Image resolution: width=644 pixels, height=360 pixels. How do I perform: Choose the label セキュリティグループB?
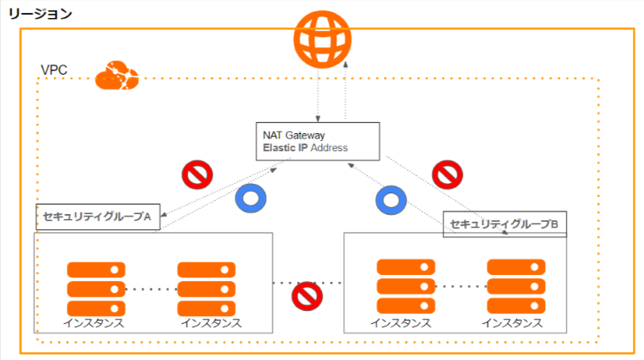coord(505,224)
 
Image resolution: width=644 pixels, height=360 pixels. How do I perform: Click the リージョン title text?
coord(40,15)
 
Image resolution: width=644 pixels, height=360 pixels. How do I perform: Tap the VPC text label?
coord(54,70)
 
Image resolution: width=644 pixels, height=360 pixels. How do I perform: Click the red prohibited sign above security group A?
coord(197,174)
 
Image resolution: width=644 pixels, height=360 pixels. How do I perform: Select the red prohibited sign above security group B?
coord(448,174)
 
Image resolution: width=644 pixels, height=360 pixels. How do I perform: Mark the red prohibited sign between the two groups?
coord(307,296)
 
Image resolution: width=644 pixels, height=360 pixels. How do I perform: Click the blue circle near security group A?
coord(252,199)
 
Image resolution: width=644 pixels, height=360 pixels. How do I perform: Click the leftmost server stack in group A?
coord(95,288)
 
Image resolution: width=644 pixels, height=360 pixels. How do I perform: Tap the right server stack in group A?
coord(206,288)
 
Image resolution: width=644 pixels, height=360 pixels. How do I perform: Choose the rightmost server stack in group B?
coord(515,288)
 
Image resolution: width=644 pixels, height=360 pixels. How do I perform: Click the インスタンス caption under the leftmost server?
coord(94,324)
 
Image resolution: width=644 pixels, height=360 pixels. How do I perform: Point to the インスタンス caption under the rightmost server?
coord(512,324)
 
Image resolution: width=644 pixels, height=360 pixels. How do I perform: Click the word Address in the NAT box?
coord(330,148)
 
